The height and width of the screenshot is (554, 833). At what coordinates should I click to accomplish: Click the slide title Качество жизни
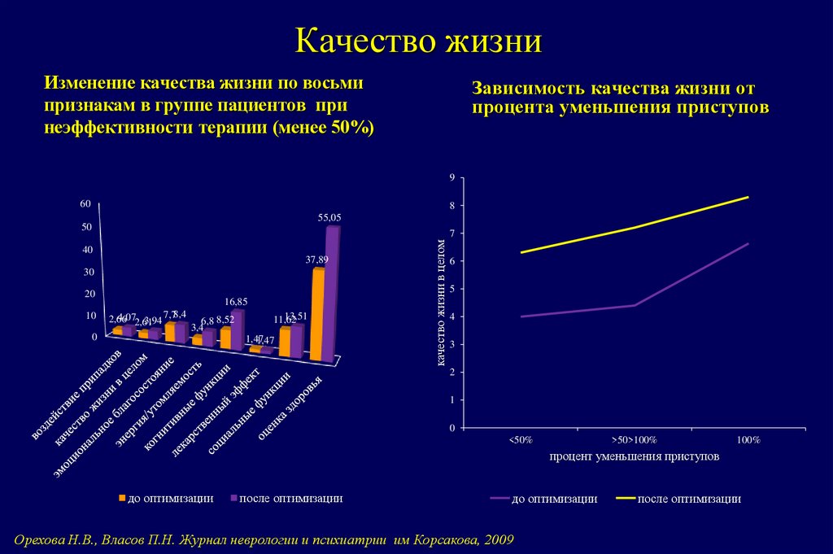416,40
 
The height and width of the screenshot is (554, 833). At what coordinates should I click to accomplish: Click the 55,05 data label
329,217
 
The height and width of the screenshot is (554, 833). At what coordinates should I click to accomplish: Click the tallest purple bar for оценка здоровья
331,293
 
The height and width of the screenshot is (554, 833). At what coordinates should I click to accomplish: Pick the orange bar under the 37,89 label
317,313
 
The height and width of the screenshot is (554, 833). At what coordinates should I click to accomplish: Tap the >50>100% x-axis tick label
634,439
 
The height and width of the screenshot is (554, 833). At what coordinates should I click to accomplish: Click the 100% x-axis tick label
748,439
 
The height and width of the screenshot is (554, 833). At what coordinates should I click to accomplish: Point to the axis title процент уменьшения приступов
635,457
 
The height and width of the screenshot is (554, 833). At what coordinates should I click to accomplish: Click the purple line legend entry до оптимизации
544,499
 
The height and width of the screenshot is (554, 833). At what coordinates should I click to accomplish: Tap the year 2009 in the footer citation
499,539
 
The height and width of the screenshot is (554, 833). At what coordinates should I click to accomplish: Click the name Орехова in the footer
42,539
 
